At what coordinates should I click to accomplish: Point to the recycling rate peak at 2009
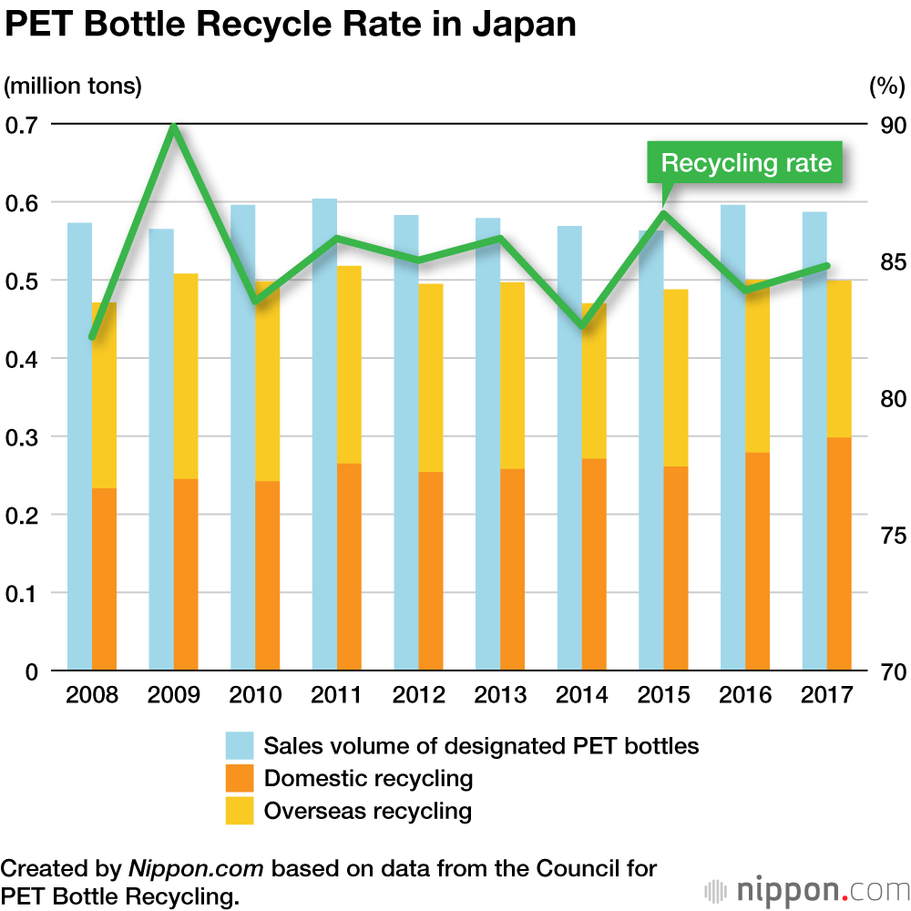pyautogui.click(x=173, y=127)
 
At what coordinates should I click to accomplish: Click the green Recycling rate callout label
pyautogui.click(x=745, y=164)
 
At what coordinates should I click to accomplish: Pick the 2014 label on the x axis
pyautogui.click(x=582, y=695)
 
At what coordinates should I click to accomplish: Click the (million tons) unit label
pyautogui.click(x=73, y=87)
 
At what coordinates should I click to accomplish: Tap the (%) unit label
pyautogui.click(x=886, y=87)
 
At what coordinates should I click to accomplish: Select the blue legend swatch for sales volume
pyautogui.click(x=240, y=746)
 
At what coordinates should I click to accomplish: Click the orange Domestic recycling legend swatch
pyautogui.click(x=240, y=778)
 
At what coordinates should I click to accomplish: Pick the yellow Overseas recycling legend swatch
pyautogui.click(x=240, y=811)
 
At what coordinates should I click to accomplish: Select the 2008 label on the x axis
pyautogui.click(x=92, y=695)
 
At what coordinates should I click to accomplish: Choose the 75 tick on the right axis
pyautogui.click(x=886, y=535)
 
